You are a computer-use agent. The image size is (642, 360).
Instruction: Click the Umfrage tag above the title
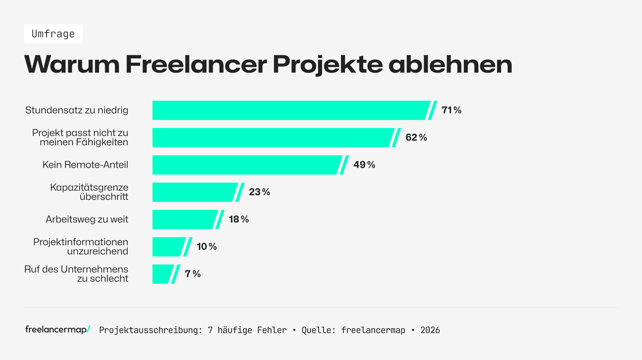coord(53,34)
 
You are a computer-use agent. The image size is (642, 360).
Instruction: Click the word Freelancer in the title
coord(196,64)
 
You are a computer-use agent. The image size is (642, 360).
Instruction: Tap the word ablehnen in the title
coord(450,64)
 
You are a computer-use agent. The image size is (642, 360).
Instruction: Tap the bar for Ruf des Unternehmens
coord(163,274)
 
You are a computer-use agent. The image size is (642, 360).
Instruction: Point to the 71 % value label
coord(451,110)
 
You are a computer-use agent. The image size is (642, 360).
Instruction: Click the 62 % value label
coord(416,138)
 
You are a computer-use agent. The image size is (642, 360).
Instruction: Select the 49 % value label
coord(364,165)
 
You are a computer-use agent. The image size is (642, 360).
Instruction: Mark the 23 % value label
coord(259,192)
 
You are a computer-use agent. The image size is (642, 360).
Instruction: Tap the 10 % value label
coord(207,247)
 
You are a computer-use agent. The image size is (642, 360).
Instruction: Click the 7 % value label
coord(193,274)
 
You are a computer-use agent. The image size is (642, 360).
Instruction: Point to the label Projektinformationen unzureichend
coord(81,247)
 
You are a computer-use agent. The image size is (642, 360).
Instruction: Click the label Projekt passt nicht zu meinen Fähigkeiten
coord(80,138)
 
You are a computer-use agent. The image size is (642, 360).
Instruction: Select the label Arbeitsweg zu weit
coord(87,220)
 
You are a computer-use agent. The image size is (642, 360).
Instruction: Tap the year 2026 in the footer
coord(430,330)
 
